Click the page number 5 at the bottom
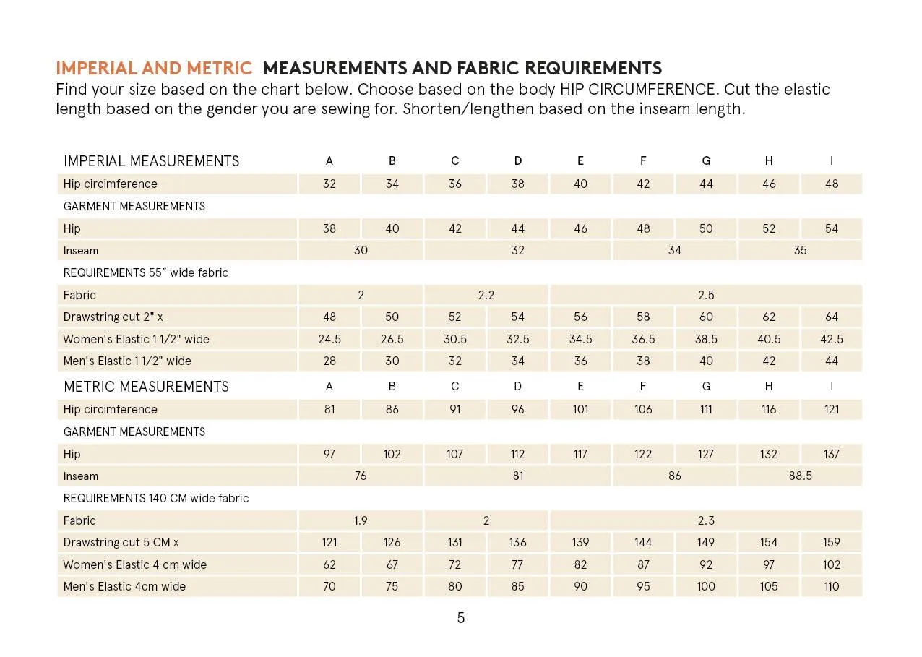(461, 618)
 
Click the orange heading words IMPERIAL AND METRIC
(154, 69)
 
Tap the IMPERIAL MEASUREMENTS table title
(151, 161)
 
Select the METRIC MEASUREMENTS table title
(146, 387)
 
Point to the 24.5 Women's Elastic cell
(329, 339)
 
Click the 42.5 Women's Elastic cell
(832, 339)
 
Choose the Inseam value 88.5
(800, 476)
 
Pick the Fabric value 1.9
(361, 520)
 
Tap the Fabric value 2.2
(486, 295)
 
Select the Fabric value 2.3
(706, 520)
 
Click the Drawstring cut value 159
(832, 542)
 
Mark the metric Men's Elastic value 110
(832, 586)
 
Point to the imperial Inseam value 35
(800, 251)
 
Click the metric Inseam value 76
(361, 476)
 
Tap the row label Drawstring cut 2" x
(113, 317)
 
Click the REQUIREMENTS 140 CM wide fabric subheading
(156, 498)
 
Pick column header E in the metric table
(580, 387)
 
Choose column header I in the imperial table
(832, 161)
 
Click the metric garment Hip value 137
(832, 454)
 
